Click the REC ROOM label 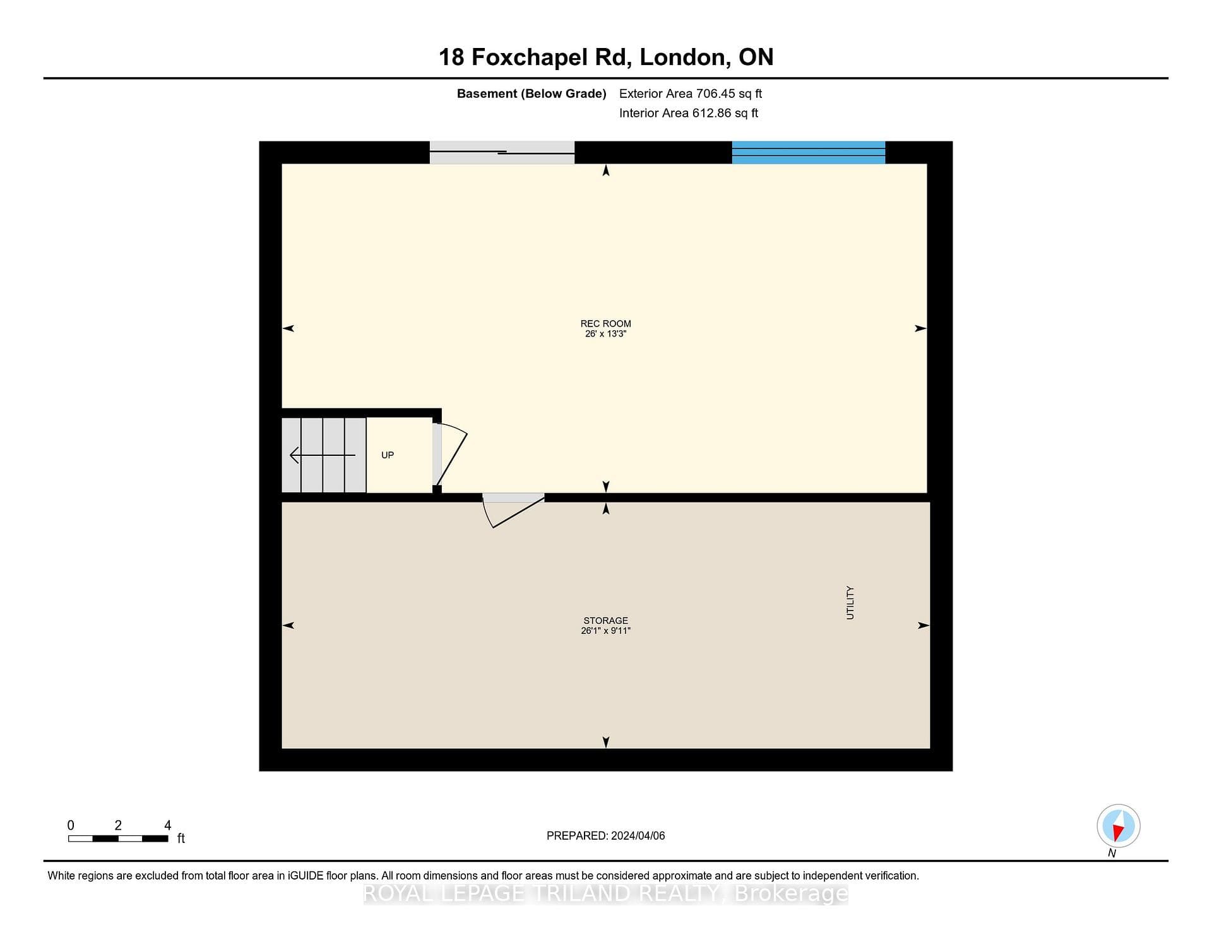[x=605, y=324]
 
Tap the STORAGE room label [x=605, y=621]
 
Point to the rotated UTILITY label [x=850, y=602]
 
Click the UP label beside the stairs [x=388, y=455]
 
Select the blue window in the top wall [x=809, y=153]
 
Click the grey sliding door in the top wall [x=502, y=153]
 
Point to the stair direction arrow [x=323, y=455]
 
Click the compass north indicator [x=1118, y=827]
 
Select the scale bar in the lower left [x=118, y=839]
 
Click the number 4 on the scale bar [x=167, y=825]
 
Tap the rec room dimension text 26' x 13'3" [x=605, y=334]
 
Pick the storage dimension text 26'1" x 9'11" [x=605, y=631]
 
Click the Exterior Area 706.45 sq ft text [x=691, y=93]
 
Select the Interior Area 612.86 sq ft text [x=689, y=113]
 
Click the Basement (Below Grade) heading [x=532, y=93]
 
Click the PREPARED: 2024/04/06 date [x=605, y=835]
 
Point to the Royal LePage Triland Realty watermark [x=605, y=893]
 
